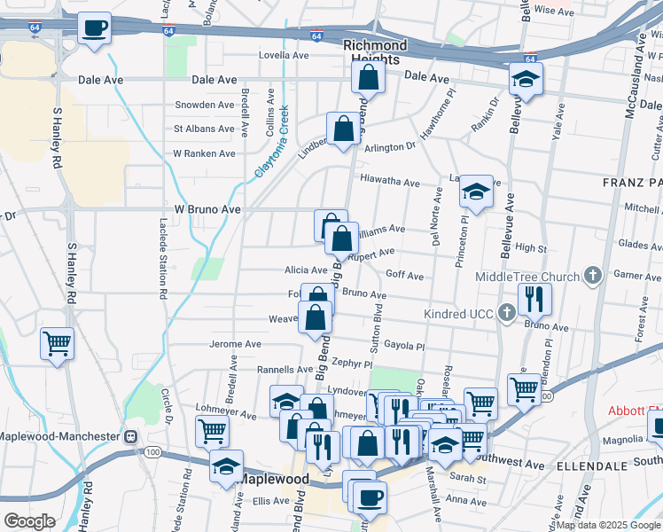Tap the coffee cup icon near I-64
point(93,27)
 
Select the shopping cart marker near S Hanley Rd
point(58,344)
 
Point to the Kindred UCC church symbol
point(506,312)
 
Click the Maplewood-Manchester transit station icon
point(130,436)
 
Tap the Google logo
point(28,520)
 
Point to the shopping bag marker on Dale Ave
point(368,77)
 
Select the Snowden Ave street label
point(204,105)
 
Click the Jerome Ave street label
point(235,343)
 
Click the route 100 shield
point(153,452)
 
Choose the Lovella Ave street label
point(283,55)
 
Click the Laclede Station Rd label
point(163,257)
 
